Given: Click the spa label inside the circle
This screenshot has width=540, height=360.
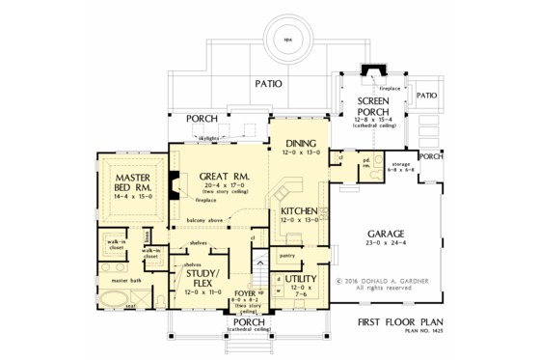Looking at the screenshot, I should click(287, 40).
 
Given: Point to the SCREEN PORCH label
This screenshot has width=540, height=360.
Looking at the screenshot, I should click(372, 106).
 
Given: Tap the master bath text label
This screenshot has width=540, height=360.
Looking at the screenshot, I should click(124, 281).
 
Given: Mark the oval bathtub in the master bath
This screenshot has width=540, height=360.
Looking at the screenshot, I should click(120, 304).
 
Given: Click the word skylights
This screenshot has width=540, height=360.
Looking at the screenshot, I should click(209, 138).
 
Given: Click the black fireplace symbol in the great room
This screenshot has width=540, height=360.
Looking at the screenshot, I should click(175, 183).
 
